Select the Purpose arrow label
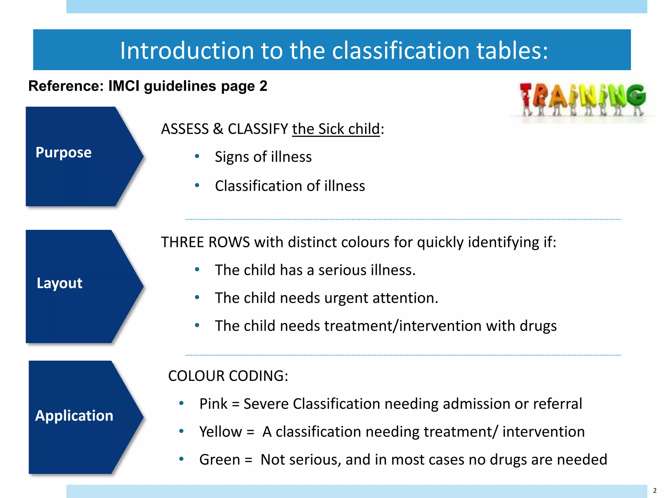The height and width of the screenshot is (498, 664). tap(64, 152)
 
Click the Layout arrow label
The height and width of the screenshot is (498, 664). tap(60, 283)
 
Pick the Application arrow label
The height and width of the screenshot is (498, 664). tap(74, 416)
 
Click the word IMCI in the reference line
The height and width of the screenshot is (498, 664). tap(124, 86)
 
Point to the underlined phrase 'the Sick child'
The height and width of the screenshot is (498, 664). tap(336, 129)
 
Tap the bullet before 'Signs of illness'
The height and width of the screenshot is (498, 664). tap(197, 157)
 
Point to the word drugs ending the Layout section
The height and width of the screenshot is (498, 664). tap(538, 326)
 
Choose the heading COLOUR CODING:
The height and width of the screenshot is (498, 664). tap(228, 376)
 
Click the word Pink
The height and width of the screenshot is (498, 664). tap(213, 404)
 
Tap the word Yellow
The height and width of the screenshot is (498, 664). tap(220, 432)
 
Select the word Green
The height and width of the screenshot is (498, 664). tap(219, 460)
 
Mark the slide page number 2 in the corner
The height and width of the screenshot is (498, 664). tap(655, 491)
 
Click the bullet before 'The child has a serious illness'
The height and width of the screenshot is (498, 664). tap(197, 270)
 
